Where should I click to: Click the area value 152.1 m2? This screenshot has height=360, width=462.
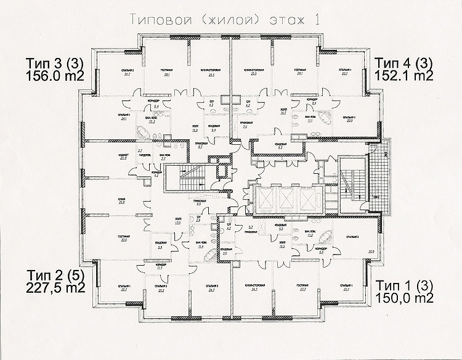[x=403, y=76]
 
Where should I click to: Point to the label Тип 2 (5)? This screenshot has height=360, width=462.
[x=54, y=274]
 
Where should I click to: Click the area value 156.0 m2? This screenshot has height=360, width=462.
[x=54, y=76]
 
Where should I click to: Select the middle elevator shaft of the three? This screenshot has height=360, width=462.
[x=287, y=200]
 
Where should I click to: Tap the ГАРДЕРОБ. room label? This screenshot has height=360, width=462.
[x=144, y=155]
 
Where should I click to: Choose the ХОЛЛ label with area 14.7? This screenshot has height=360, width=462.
[x=267, y=112]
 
